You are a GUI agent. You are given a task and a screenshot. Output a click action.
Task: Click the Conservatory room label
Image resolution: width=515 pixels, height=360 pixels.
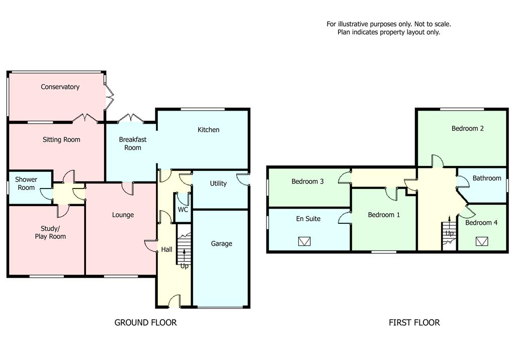pyautogui.click(x=60, y=87)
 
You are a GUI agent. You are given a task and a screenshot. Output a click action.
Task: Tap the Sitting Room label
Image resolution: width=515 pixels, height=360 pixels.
pyautogui.click(x=61, y=140)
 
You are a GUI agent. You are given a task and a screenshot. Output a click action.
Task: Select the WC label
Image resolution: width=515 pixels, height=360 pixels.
pyautogui.click(x=183, y=210)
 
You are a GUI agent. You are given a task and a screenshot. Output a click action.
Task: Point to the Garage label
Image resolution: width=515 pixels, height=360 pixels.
pyautogui.click(x=221, y=244)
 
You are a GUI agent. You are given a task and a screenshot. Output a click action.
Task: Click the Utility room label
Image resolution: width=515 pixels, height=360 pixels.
pyautogui.click(x=218, y=184)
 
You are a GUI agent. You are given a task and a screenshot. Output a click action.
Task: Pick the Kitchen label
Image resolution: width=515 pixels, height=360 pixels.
pyautogui.click(x=208, y=130)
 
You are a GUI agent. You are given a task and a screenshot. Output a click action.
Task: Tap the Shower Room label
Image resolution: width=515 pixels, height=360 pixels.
pyautogui.click(x=26, y=184)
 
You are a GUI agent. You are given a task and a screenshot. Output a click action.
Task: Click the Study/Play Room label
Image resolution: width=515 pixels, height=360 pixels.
pyautogui.click(x=50, y=232)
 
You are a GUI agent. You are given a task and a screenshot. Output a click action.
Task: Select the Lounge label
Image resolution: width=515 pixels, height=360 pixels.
pyautogui.click(x=123, y=215)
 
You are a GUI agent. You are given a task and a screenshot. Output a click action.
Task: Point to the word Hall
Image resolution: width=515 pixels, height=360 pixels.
pyautogui.click(x=167, y=250)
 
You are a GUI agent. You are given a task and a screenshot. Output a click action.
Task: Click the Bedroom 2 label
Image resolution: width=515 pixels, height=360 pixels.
pyautogui.click(x=468, y=128)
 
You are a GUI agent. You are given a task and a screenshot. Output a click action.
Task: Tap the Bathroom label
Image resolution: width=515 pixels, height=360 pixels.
pyautogui.click(x=487, y=178)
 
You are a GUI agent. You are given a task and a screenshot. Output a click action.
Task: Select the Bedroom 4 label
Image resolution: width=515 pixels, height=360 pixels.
pyautogui.click(x=481, y=223)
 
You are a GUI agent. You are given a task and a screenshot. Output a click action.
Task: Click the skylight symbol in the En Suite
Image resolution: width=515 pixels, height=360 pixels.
pyautogui.click(x=304, y=242)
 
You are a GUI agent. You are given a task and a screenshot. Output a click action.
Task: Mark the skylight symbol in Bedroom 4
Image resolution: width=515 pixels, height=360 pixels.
pyautogui.click(x=482, y=242)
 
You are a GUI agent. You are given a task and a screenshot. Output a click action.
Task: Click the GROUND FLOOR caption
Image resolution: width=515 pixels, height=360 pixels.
pyautogui.click(x=146, y=323)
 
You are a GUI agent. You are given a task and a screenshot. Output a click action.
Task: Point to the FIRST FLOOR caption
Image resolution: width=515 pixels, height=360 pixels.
pyautogui.click(x=414, y=323)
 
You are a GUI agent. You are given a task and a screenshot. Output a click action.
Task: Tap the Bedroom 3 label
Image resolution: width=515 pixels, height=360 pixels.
pyautogui.click(x=308, y=182)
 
